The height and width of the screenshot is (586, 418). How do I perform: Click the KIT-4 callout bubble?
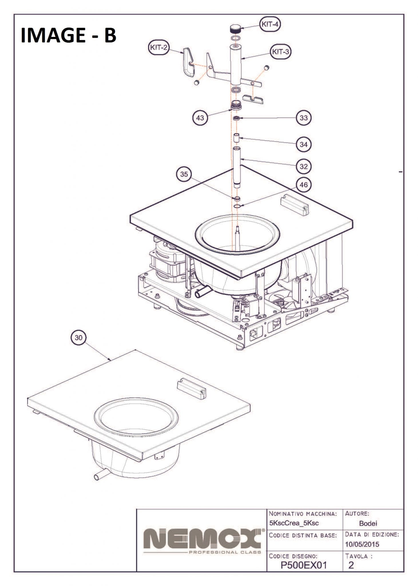[270, 24]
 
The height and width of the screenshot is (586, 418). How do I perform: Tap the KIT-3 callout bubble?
[280, 52]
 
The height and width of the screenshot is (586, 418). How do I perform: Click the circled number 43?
[200, 118]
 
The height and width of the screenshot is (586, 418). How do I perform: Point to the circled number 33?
[304, 118]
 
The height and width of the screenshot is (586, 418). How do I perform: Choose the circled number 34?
[304, 144]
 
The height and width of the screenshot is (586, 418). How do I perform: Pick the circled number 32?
[304, 166]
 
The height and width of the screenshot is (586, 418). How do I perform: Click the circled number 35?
[184, 174]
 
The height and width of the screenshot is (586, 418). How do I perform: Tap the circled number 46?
[304, 185]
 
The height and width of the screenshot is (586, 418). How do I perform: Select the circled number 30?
[78, 338]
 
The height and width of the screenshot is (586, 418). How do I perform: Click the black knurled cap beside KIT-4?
[235, 29]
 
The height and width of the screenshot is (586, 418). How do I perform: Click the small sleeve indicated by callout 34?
[236, 137]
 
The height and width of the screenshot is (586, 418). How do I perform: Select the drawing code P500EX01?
[304, 565]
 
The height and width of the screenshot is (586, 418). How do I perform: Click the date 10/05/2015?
[362, 544]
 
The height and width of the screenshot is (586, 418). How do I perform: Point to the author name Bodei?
[368, 523]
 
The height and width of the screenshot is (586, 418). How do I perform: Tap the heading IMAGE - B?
[68, 35]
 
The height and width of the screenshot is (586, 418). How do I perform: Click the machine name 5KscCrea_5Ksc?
[294, 523]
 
